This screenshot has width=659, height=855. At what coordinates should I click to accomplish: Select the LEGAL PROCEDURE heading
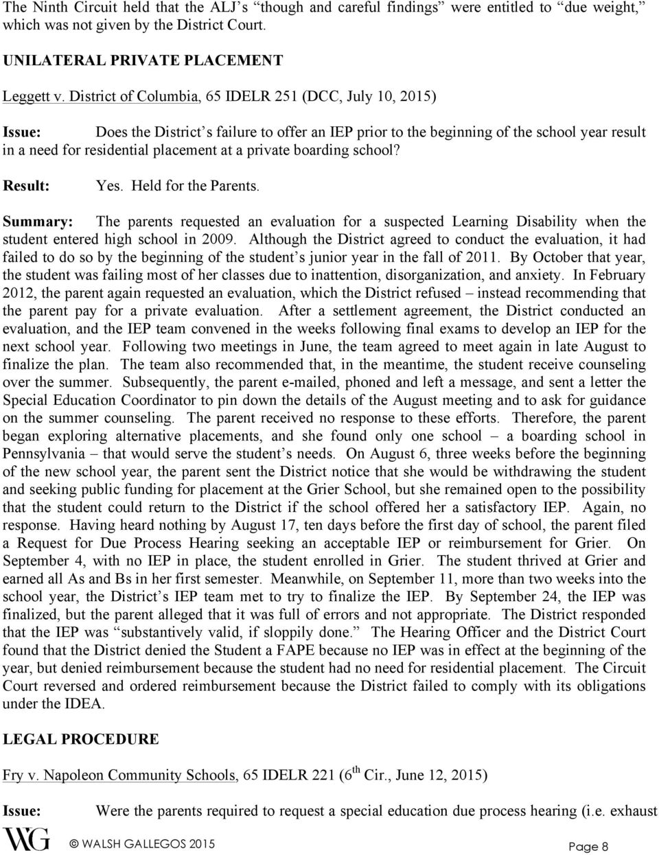click(x=81, y=739)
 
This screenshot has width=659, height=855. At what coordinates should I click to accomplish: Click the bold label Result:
click(x=27, y=185)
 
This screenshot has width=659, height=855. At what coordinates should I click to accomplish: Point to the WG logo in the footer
click(x=27, y=839)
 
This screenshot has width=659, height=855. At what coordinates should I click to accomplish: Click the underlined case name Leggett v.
click(x=32, y=95)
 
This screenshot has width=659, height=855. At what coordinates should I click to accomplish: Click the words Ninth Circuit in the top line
click(x=70, y=6)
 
